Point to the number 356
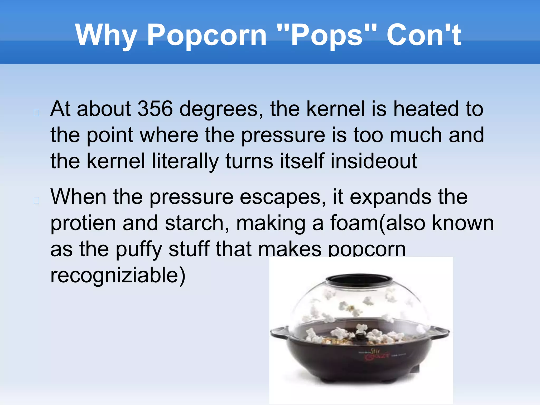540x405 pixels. coord(155,109)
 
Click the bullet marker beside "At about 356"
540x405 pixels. coord(37,113)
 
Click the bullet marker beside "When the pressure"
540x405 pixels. coord(37,201)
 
